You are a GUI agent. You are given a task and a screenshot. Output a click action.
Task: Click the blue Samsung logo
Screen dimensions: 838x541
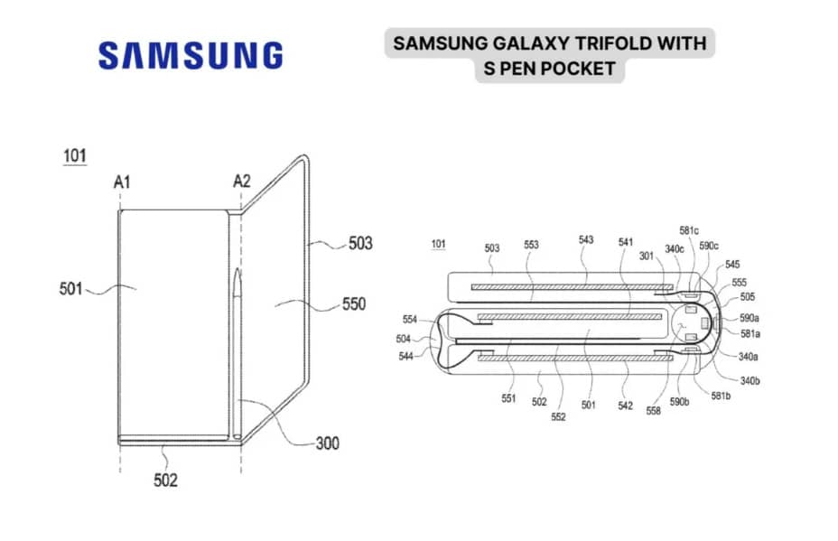191,56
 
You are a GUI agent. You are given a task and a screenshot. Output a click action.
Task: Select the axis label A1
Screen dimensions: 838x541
122,182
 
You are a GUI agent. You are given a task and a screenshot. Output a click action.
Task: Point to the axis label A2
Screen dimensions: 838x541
242,182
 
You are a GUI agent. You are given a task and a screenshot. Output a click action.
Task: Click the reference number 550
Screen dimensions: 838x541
354,304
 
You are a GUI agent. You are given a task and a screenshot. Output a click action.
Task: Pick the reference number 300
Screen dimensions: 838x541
327,443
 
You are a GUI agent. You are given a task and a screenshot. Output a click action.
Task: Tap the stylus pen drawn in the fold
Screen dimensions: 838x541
237,353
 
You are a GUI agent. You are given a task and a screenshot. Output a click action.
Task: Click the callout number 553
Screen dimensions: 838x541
531,244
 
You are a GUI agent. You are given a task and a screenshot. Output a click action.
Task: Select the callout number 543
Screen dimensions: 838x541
586,239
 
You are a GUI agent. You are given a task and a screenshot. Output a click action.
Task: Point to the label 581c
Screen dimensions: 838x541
689,230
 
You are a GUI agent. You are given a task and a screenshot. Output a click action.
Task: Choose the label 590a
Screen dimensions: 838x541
750,318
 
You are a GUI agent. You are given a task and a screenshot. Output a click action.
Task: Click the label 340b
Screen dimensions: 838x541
750,380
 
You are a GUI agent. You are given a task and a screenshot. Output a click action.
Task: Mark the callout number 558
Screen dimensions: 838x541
653,411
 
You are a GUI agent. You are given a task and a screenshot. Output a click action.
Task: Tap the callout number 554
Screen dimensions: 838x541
410,319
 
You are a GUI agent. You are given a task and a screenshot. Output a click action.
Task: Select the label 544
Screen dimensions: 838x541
406,356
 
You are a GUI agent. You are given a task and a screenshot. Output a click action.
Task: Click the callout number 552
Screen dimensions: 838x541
558,416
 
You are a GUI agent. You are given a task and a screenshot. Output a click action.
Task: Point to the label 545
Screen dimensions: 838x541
732,265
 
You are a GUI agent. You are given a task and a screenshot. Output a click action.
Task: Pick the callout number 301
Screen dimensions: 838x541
647,257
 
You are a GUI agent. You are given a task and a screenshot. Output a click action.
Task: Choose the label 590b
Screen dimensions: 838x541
679,402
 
